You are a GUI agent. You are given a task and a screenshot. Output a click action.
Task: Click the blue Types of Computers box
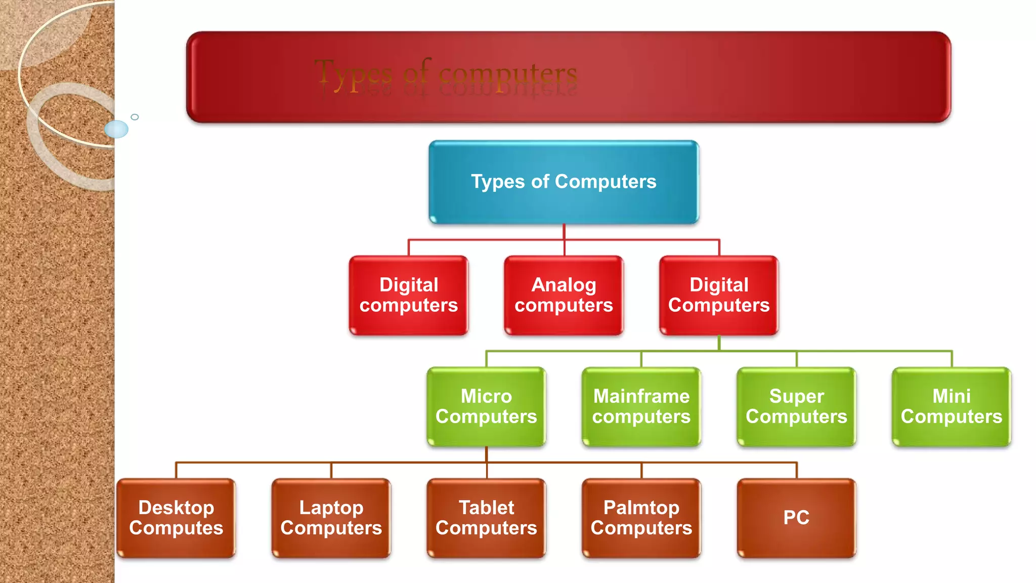pos(564,182)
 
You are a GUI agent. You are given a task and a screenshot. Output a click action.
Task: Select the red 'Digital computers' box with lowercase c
pos(409,295)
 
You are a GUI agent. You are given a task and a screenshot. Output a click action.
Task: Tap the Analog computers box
pos(564,295)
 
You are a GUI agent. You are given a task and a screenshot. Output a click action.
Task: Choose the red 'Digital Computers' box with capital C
pos(719,295)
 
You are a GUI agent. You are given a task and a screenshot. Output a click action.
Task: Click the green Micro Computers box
pos(486,406)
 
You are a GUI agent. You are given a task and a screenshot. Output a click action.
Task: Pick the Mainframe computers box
pos(641,406)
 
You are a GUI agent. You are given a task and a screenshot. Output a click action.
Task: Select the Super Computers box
pos(796,406)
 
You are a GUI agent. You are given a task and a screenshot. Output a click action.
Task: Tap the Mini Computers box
pos(952,406)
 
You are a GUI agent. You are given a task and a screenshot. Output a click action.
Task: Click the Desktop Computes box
pos(176,518)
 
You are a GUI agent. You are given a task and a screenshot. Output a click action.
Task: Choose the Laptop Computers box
pos(331,518)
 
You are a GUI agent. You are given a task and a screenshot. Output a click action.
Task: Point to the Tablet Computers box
pos(486,518)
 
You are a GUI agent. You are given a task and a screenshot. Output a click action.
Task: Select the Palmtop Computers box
pos(641,518)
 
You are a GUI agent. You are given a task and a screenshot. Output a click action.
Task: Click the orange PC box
pos(796,518)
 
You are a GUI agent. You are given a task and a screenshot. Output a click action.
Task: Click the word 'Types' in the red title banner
pos(354,75)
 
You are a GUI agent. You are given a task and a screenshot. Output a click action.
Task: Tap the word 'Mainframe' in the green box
pos(641,396)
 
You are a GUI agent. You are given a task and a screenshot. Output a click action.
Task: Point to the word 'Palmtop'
pos(641,508)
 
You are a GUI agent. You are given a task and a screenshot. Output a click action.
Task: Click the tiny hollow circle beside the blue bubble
pos(135,117)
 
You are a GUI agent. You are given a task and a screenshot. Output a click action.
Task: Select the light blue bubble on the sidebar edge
pos(116,129)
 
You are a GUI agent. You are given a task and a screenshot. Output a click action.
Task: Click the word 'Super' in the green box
pos(796,396)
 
